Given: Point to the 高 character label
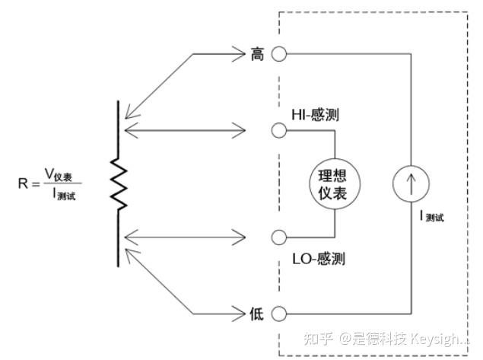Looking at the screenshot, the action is click(257, 54).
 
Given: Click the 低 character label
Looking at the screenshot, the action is click(256, 314).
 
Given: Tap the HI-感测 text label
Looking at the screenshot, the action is click(315, 115).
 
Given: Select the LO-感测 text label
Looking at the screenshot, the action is click(319, 259).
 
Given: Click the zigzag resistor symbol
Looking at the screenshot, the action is click(119, 184).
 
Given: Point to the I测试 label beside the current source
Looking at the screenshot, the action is click(432, 216).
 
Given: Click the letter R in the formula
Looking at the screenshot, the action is click(23, 183).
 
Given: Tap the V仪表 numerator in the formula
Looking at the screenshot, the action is click(59, 174).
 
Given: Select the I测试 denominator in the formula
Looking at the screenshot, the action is click(64, 194).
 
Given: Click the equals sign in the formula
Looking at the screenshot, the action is click(36, 184).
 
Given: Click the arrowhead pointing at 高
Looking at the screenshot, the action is click(239, 54).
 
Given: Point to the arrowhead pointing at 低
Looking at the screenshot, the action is click(239, 314).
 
